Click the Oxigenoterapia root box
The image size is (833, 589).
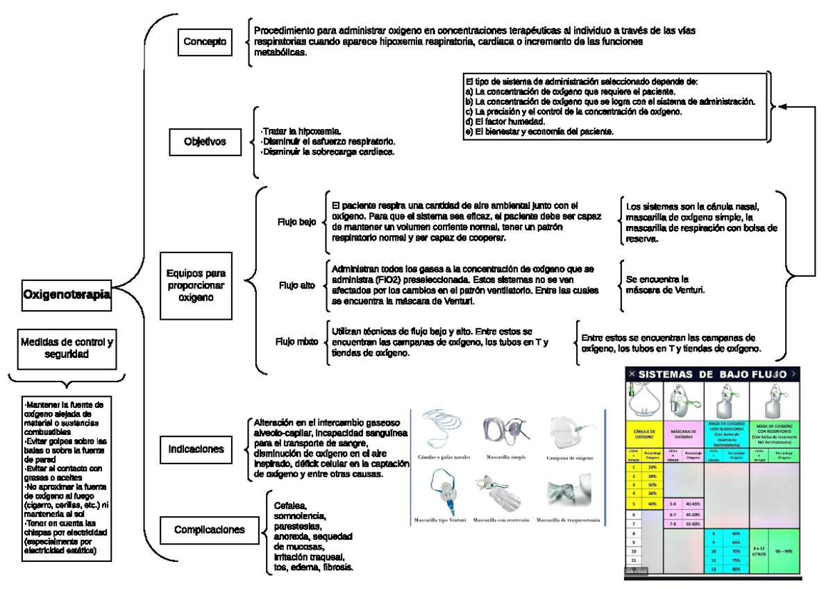[67, 294]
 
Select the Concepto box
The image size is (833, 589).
[205, 42]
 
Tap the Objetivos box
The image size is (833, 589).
[205, 142]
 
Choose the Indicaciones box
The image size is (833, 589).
[196, 449]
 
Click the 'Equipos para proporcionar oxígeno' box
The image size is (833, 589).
[196, 284]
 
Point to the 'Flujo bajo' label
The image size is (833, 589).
[297, 223]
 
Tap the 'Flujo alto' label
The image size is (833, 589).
[297, 285]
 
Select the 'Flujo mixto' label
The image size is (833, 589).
[297, 341]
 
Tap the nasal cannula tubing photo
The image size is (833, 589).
[445, 431]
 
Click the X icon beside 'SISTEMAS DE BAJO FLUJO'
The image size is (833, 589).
[631, 374]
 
